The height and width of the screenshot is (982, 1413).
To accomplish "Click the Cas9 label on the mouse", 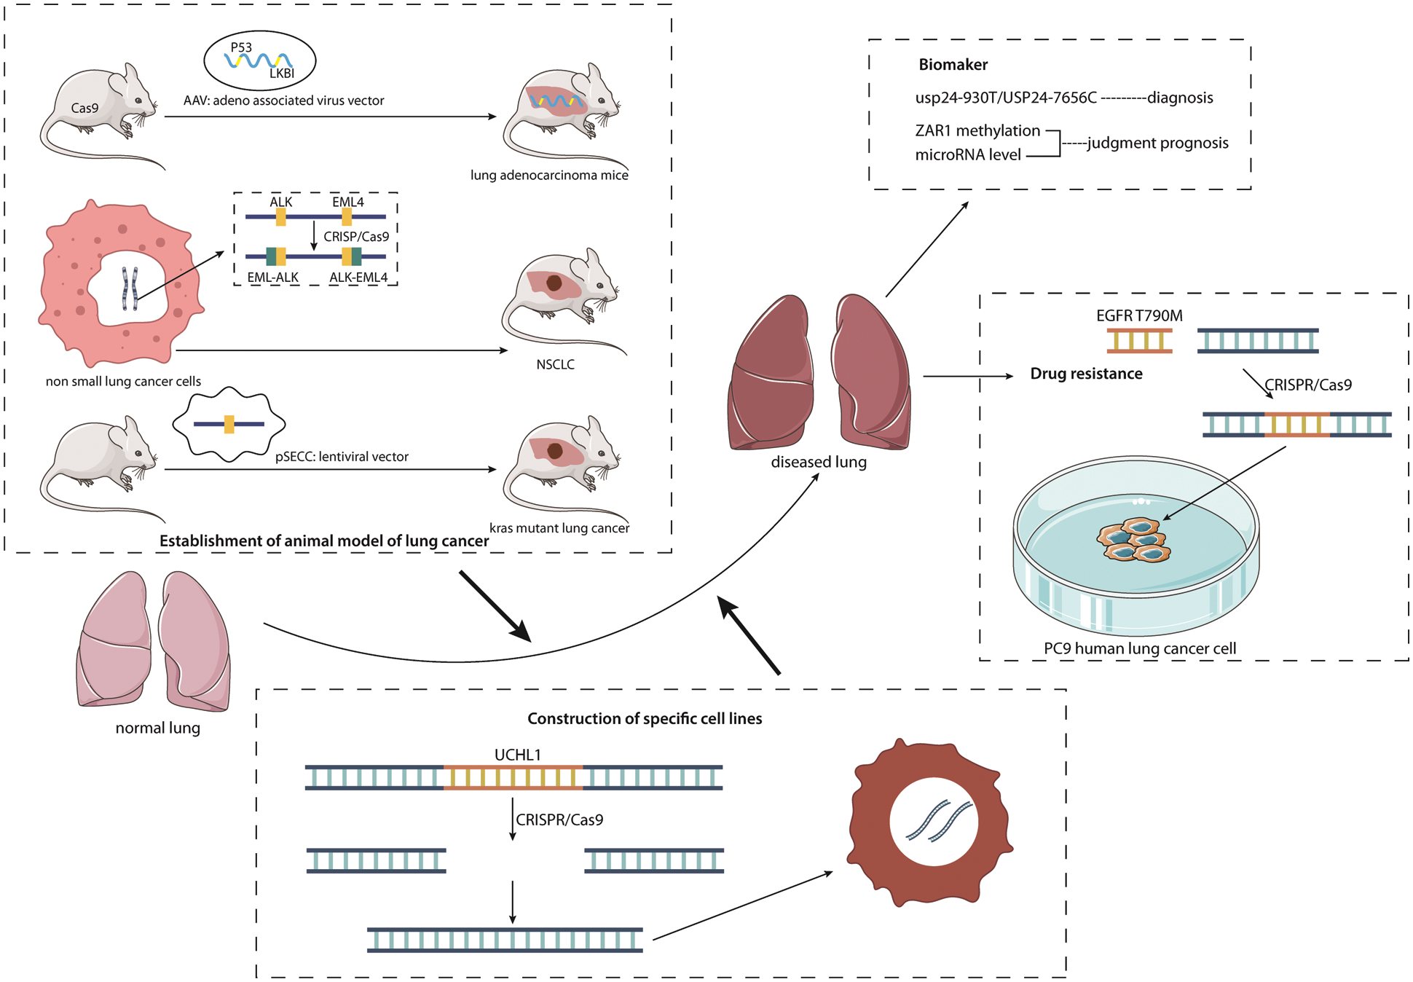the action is tap(84, 108).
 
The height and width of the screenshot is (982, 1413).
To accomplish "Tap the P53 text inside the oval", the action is tap(241, 47).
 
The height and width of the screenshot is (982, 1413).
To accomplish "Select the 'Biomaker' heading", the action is tap(953, 65).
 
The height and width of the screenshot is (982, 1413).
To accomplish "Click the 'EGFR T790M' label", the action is tap(1139, 315).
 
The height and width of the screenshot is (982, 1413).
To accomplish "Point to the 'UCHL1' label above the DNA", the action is tap(518, 755).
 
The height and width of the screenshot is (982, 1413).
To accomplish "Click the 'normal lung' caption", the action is tap(157, 728).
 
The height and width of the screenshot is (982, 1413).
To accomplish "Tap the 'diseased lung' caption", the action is tap(819, 462).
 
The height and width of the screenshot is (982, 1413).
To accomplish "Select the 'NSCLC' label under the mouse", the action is tap(555, 364).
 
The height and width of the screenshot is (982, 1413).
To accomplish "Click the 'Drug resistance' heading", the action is tap(1086, 374).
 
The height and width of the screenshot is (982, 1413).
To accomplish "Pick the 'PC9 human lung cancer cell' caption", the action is tap(1140, 648).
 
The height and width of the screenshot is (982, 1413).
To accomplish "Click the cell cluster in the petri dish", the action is tap(1134, 540).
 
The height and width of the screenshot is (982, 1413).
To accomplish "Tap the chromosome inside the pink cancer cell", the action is tap(130, 288).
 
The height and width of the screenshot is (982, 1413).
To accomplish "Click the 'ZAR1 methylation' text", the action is tap(977, 130).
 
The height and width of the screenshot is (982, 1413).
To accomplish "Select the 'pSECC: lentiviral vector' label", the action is tap(342, 457).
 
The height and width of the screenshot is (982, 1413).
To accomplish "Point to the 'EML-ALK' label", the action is tap(273, 278).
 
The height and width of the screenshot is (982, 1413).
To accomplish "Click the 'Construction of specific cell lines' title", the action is tap(645, 718).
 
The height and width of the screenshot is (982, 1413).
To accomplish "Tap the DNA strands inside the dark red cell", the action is tap(939, 821).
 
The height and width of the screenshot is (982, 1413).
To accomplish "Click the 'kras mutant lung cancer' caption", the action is tap(559, 528).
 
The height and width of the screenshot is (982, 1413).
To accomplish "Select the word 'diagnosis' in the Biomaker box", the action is tap(1180, 98).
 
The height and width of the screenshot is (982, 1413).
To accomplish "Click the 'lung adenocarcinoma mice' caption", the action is tap(549, 175).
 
